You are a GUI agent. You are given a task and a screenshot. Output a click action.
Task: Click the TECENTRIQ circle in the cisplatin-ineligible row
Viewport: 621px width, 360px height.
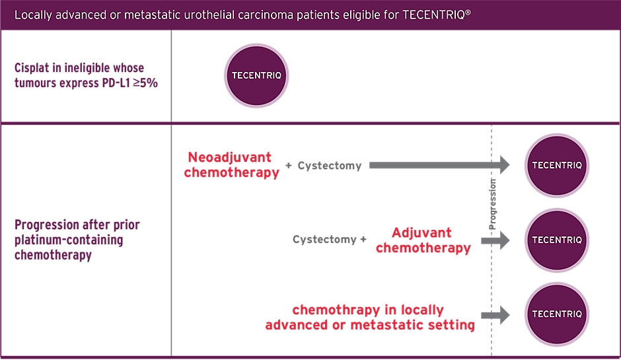click(x=256, y=75)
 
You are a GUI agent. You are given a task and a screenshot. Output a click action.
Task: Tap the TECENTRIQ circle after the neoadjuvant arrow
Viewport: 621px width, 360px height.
click(x=556, y=165)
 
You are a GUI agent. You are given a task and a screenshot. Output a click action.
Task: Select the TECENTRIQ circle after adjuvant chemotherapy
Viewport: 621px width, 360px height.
click(x=556, y=240)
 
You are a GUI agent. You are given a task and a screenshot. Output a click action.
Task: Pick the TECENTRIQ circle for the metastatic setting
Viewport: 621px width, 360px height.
click(x=556, y=314)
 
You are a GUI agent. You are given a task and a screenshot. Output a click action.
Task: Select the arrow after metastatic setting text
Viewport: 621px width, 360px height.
click(x=495, y=315)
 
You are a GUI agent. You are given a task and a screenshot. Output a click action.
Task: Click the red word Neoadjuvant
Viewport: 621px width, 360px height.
click(x=229, y=157)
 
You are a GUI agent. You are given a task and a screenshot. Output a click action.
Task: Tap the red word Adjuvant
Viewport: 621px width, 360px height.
click(x=421, y=233)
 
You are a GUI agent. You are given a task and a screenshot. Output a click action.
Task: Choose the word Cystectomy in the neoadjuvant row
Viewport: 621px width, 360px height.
click(x=329, y=166)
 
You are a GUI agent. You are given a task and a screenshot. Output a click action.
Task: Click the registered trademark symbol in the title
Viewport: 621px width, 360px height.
click(x=468, y=11)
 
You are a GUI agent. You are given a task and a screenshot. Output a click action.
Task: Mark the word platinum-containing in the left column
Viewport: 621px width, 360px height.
click(x=69, y=240)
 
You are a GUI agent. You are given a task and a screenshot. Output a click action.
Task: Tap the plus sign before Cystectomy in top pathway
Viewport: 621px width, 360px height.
click(x=289, y=166)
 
